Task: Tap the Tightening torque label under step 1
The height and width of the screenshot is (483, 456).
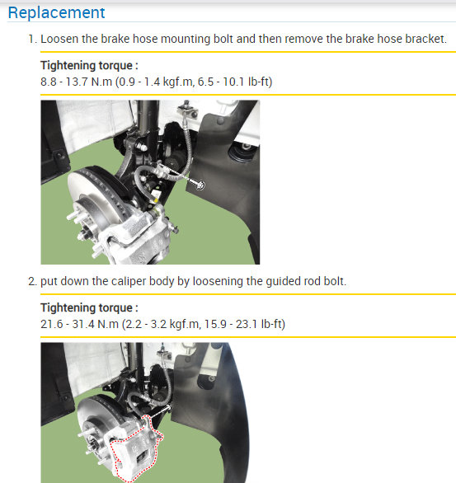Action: point(88,64)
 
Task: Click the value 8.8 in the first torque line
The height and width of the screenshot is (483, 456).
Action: point(49,81)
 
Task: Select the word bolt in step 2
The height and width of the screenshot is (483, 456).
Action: point(332,281)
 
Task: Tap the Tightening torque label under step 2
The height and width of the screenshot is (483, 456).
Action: point(88,307)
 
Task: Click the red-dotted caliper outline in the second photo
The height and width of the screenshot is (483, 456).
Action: point(135,449)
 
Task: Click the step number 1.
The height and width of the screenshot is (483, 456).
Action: point(31,39)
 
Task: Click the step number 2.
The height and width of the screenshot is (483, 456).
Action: point(31,281)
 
